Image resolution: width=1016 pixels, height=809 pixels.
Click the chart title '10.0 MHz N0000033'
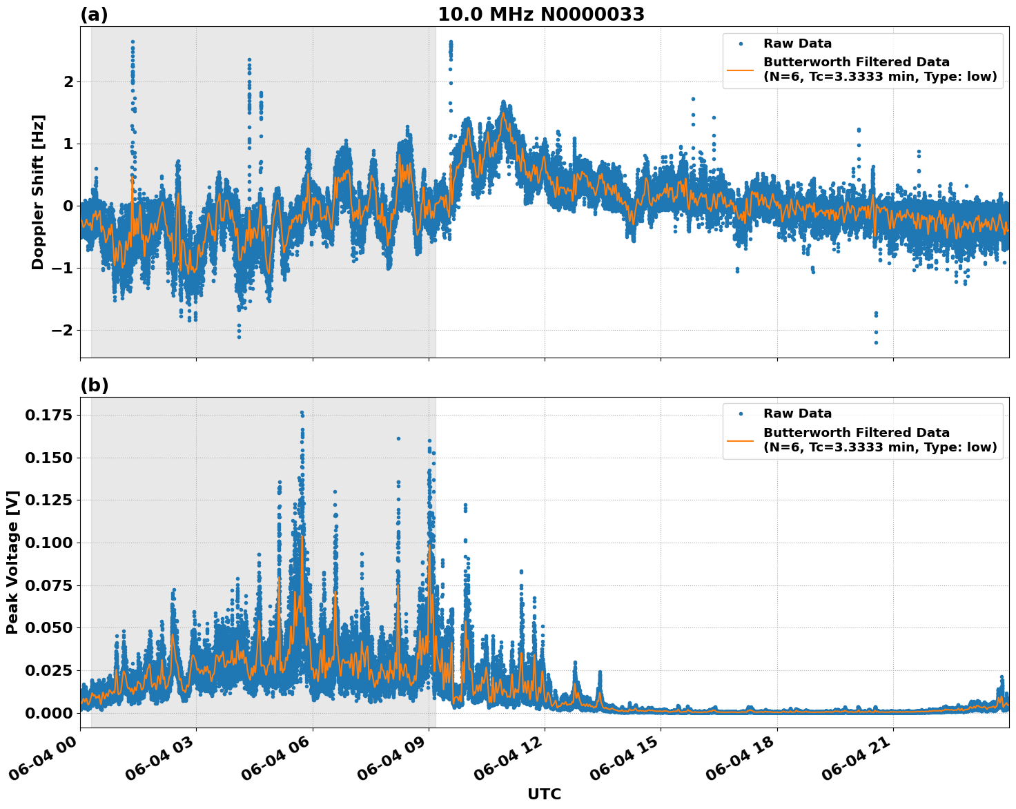(540, 14)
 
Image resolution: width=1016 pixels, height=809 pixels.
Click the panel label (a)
(94, 14)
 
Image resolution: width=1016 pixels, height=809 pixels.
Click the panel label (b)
(94, 385)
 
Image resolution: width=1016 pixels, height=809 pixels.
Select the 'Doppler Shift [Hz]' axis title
(38, 192)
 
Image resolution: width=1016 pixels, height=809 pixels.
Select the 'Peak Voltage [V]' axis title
(12, 562)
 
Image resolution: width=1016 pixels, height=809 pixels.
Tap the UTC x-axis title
(544, 794)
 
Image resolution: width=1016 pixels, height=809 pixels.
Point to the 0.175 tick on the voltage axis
(48, 415)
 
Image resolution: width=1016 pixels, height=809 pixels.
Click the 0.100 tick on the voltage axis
(48, 543)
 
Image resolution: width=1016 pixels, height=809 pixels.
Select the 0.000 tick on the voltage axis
(48, 713)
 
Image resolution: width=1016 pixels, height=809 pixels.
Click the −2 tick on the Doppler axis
(61, 330)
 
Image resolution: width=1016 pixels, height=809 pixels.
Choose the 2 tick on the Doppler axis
(68, 81)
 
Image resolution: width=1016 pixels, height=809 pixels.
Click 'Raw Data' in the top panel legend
(797, 43)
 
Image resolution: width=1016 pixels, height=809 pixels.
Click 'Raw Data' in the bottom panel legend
(797, 413)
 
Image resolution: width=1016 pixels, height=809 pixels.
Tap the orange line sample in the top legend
(740, 70)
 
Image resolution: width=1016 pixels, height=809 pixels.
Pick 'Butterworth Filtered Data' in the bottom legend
(856, 433)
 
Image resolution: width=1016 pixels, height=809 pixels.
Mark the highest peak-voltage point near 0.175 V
(302, 413)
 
